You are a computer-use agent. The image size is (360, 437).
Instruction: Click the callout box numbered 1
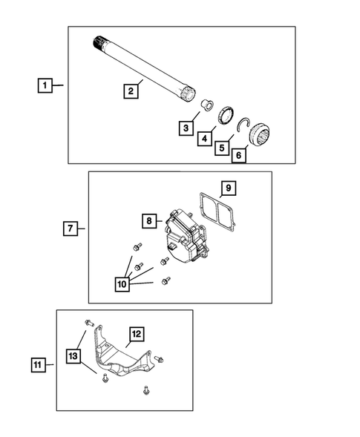[46, 87]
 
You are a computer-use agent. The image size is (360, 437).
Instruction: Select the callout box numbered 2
[130, 91]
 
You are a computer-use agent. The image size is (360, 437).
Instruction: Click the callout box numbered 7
[68, 229]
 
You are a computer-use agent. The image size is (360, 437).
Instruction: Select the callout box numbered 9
[229, 188]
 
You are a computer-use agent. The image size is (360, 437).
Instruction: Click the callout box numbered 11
[38, 364]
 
